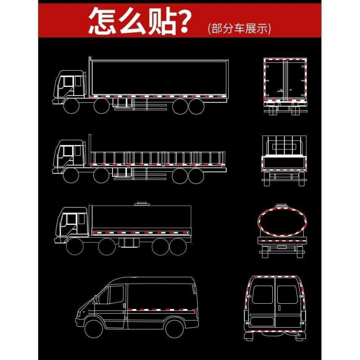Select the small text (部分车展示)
[x=239, y=29]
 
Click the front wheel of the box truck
[x=71, y=106]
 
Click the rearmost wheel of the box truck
[x=196, y=106]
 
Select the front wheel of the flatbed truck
[x=71, y=175]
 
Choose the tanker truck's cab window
[x=69, y=222]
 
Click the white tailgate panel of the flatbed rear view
[x=283, y=162]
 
